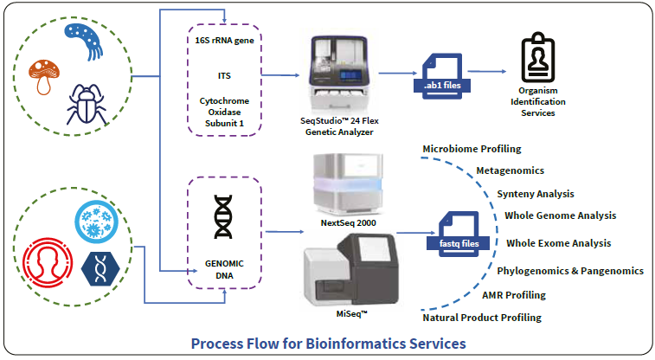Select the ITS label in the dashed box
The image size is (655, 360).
(224, 75)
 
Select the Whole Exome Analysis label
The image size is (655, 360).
(558, 243)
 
